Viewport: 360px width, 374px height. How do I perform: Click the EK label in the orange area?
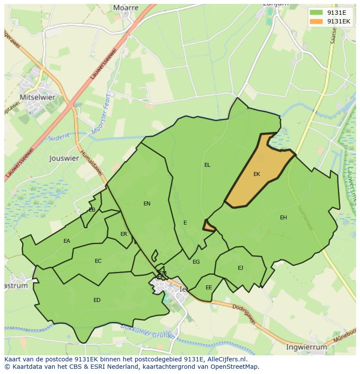pos(257,174)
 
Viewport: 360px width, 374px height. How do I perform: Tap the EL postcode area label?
pos(207,165)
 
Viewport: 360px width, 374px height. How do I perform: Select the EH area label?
pos(283,218)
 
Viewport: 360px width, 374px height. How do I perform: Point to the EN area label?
pos(147,203)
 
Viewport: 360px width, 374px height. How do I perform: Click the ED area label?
pos(97,300)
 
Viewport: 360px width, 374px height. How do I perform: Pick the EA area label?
pos(67,241)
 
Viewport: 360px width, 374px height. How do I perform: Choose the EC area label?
pos(98,261)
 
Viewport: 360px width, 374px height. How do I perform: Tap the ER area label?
pos(124,234)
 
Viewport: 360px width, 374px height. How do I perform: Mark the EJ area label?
pos(240,268)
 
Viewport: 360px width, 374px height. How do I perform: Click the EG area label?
pos(196,262)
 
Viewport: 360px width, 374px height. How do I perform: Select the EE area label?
pos(209,288)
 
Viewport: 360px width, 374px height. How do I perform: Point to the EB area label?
pos(92,210)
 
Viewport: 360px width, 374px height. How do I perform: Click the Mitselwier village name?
pos(37,97)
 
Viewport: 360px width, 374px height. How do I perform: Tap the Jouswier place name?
pos(64,158)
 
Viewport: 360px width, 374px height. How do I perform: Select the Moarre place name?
pos(126,8)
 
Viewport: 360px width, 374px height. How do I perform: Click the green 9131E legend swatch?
pos(316,12)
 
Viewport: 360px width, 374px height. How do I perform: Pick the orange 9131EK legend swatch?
pos(316,21)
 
